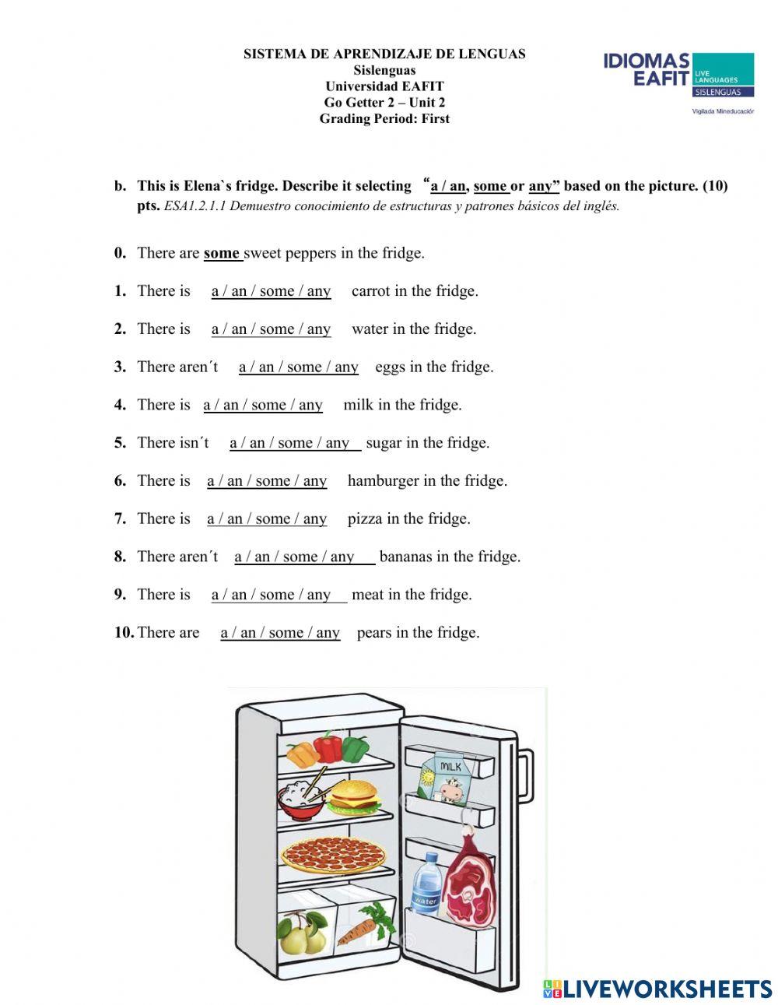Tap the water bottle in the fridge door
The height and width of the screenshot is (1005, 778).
tap(426, 885)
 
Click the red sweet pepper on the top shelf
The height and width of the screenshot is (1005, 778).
tap(328, 747)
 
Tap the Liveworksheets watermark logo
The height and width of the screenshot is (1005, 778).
tap(657, 989)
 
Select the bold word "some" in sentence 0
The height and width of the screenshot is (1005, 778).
tap(222, 253)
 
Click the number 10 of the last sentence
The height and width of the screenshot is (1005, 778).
tap(124, 633)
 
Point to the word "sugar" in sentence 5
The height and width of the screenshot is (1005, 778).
tap(384, 443)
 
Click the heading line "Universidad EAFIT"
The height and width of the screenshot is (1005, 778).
tap(384, 86)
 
